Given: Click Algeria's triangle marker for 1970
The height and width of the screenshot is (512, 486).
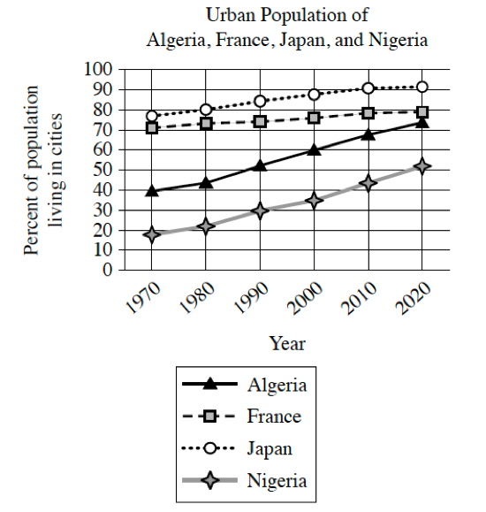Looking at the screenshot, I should coord(152,191).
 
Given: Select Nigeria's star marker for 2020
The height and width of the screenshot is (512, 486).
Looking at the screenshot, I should coord(422,165).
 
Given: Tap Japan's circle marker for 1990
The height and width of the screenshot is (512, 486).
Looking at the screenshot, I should coord(260,101).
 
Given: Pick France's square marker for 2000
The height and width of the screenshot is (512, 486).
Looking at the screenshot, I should coord(315,118).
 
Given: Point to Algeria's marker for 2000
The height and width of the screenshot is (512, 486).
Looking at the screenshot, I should coord(315,149).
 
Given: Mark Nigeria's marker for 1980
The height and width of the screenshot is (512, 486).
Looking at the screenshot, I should coord(206,225).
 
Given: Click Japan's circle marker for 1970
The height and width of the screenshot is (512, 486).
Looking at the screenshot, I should coord(152,116).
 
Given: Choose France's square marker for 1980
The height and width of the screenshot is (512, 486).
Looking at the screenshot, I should coord(206,124).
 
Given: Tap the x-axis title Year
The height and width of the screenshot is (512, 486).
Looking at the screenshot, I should coord(287,343).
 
